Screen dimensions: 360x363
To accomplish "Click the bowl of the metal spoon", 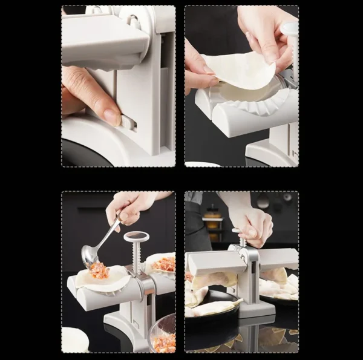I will click(x=90, y=255).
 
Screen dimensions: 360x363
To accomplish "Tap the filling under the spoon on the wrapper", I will click(x=99, y=271).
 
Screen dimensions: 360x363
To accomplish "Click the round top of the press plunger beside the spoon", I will click(x=136, y=236).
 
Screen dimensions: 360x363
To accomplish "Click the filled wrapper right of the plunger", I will click(x=162, y=264).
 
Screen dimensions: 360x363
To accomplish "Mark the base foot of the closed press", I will click(x=253, y=309).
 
